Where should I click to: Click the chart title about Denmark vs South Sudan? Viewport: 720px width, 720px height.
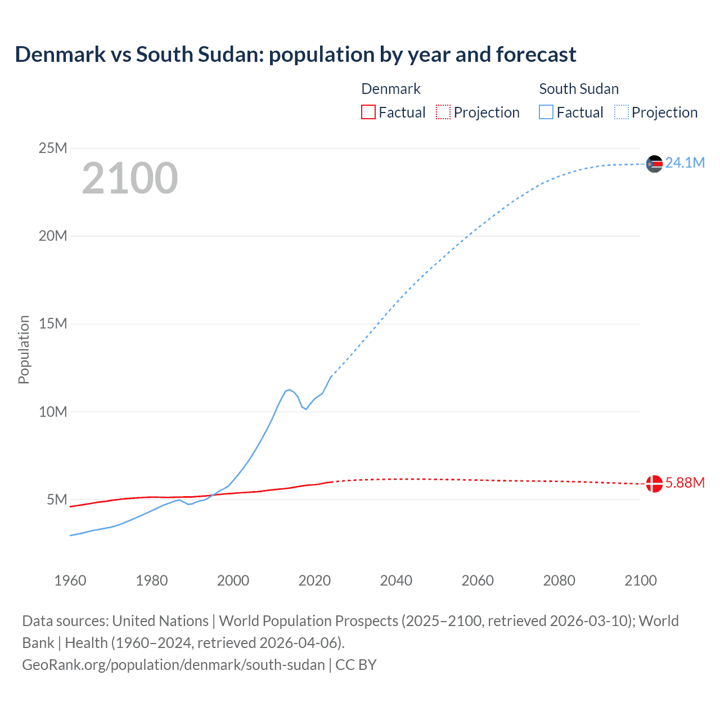coord(295,55)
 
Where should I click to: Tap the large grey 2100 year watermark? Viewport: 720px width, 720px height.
coord(130,178)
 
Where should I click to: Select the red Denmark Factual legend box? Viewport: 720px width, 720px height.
coord(368,112)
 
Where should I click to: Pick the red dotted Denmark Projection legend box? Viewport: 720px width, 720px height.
coord(443,112)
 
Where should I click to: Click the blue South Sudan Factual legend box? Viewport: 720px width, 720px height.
coord(546,112)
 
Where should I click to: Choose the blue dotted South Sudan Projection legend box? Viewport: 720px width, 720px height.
coord(622,112)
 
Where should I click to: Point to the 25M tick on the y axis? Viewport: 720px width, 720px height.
coord(53,148)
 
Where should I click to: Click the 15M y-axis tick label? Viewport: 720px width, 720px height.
coord(53,323)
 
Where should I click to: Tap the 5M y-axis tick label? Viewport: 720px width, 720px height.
coord(57,499)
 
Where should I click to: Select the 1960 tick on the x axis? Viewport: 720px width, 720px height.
coord(70,580)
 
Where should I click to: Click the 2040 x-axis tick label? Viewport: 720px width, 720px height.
coord(396,580)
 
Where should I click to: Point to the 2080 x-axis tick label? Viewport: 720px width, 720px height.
coord(559,580)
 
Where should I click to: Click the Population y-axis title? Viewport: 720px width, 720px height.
coord(24,349)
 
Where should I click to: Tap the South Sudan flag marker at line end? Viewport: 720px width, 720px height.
coord(654,164)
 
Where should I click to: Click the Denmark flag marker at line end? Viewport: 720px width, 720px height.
coord(654,483)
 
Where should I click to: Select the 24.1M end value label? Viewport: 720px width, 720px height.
coord(685,163)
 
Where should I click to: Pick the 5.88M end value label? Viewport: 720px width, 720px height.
coord(685,483)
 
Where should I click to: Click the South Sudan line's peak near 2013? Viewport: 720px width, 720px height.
coord(289,390)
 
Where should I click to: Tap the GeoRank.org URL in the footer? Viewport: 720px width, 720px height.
coord(173,664)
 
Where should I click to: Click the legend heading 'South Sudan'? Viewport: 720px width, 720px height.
coord(579,89)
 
